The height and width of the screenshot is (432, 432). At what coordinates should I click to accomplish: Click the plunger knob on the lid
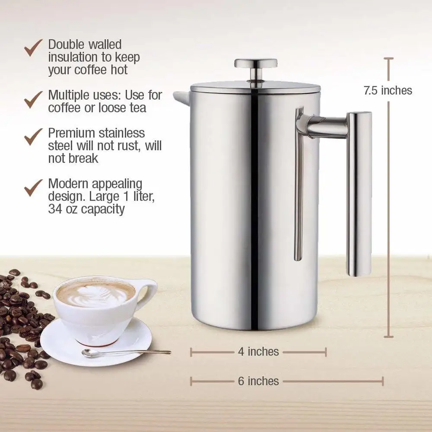tap(256, 64)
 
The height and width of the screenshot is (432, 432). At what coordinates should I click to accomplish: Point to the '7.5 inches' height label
tap(388, 90)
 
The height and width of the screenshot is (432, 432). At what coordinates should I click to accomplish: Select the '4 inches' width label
tap(258, 352)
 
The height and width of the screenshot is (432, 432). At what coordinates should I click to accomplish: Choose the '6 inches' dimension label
tap(258, 381)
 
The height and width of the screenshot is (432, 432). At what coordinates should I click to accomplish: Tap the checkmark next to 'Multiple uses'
tap(33, 99)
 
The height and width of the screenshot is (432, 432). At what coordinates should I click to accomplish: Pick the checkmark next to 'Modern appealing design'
tap(33, 187)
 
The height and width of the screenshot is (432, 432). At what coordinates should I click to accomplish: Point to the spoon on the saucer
tap(125, 353)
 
